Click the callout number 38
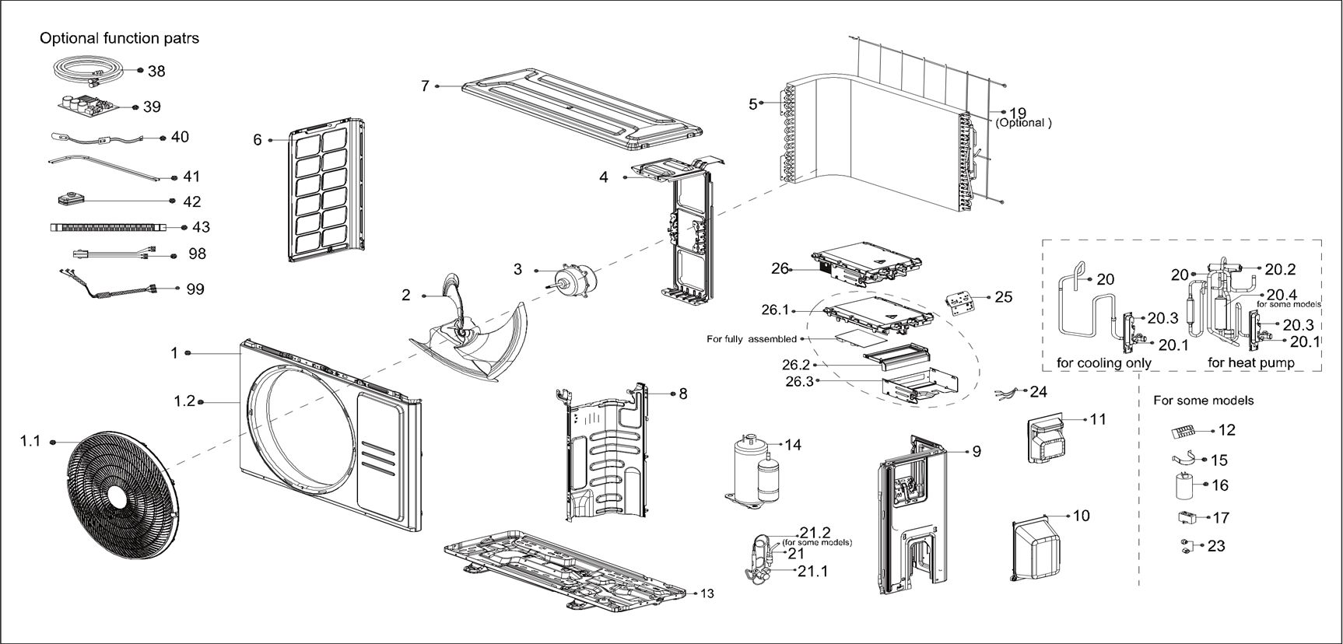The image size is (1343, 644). point(156,71)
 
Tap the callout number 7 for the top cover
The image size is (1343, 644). point(425,86)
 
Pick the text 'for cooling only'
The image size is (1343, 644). point(1103,362)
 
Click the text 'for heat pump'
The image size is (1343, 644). point(1250,362)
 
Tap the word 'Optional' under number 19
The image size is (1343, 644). point(1023,123)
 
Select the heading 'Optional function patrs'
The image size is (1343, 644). point(119,38)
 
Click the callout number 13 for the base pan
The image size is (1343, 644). point(707,593)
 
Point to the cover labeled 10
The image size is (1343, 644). point(1034,549)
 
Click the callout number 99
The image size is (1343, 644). point(195,289)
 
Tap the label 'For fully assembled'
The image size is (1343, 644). point(751,339)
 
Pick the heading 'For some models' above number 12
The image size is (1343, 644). point(1203,401)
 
